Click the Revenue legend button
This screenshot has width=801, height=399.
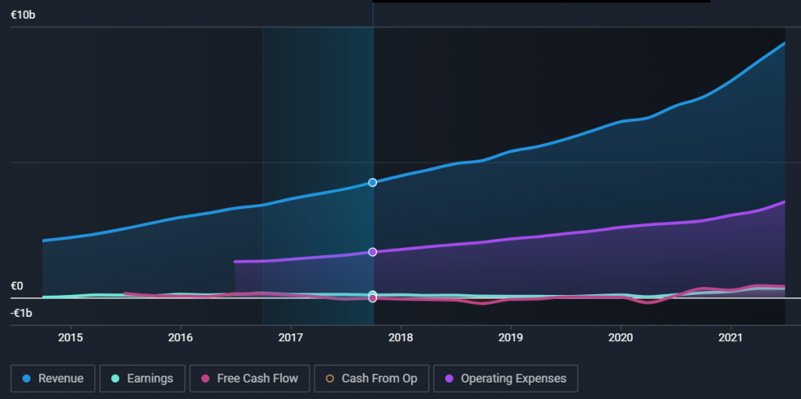coord(53,379)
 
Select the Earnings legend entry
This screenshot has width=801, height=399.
coord(142,379)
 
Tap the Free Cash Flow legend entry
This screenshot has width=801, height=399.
coord(250,379)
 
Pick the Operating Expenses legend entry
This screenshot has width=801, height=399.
coord(505,379)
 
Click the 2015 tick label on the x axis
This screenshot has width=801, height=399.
coord(70,337)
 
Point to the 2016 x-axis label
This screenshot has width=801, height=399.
coord(181,337)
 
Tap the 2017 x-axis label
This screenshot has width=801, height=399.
coord(291,337)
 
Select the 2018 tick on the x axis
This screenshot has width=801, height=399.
coord(400,337)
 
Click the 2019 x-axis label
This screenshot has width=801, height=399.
coord(511,337)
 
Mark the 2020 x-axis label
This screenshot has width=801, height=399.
coord(621,337)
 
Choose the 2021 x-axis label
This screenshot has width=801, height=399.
coord(731,337)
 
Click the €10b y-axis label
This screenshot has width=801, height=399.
coord(23,15)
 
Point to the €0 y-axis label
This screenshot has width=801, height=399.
coord(17,286)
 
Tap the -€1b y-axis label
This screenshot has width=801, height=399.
coord(21,313)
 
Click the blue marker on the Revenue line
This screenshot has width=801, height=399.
coord(372,182)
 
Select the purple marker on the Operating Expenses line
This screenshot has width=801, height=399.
coord(372,252)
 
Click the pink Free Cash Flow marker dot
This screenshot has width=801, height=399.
coord(372,298)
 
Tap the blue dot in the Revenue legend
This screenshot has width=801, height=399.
coord(27,379)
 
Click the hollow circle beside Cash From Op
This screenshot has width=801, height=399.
coord(330,379)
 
